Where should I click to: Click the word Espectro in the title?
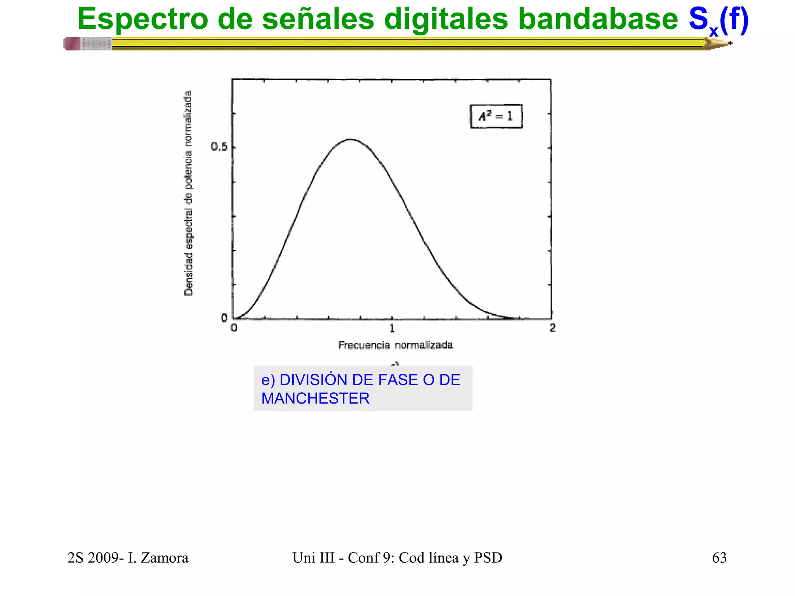(142, 19)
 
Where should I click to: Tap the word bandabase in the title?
(598, 19)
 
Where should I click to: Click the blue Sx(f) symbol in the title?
(718, 20)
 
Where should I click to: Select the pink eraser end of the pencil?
(72, 43)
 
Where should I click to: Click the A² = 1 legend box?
(496, 116)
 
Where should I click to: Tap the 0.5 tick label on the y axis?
(219, 147)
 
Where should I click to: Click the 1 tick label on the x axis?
(392, 328)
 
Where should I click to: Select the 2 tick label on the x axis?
(552, 328)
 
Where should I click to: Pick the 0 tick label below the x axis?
(234, 328)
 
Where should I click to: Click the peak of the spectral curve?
(350, 139)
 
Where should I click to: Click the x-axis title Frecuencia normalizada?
(395, 345)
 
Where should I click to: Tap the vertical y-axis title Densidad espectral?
(188, 193)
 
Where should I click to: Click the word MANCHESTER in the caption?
(315, 398)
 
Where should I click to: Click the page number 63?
(719, 558)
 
